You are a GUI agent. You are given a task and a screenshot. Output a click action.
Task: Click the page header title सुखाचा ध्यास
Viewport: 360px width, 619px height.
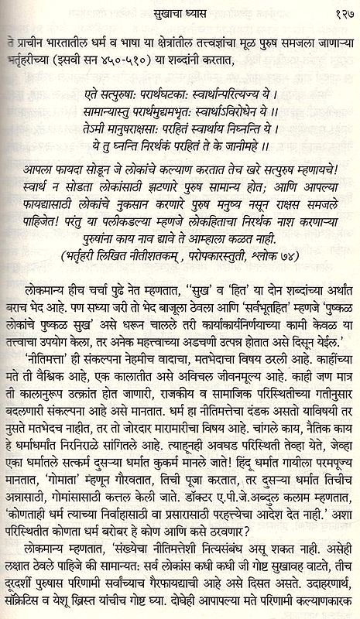tap(180, 11)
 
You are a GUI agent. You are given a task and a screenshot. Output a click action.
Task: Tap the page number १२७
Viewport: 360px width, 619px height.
tap(340, 11)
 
